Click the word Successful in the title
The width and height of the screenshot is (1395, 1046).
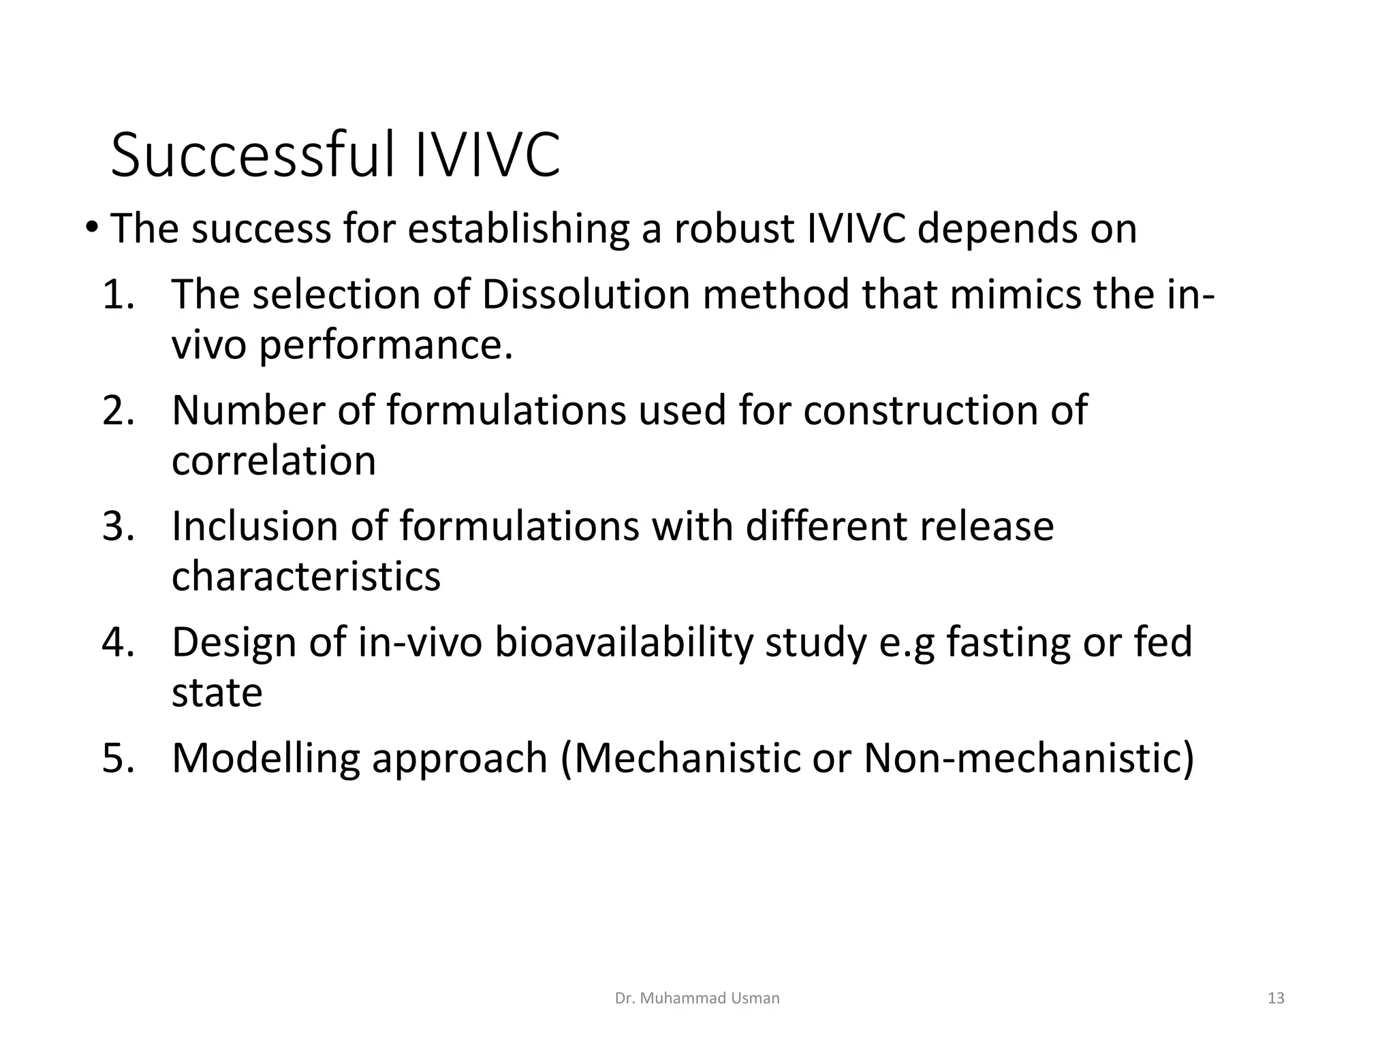click(x=252, y=155)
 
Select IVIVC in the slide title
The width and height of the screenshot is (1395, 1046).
click(x=487, y=155)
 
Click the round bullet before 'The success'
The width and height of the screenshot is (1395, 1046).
click(x=92, y=227)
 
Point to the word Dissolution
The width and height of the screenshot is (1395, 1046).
click(x=585, y=295)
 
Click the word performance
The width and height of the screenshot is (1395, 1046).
click(x=385, y=346)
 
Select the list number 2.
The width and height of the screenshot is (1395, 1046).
click(x=117, y=411)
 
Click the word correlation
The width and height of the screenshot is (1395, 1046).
click(x=274, y=461)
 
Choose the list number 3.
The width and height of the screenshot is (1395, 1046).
click(x=117, y=526)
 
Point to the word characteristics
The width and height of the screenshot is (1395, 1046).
click(x=306, y=577)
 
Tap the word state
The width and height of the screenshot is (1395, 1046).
click(x=217, y=693)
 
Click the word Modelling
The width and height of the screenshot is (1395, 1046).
click(x=266, y=758)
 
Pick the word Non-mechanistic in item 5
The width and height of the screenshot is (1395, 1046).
click(x=1029, y=758)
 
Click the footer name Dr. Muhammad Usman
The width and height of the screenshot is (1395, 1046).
click(x=697, y=998)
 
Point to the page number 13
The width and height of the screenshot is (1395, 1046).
click(x=1276, y=998)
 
